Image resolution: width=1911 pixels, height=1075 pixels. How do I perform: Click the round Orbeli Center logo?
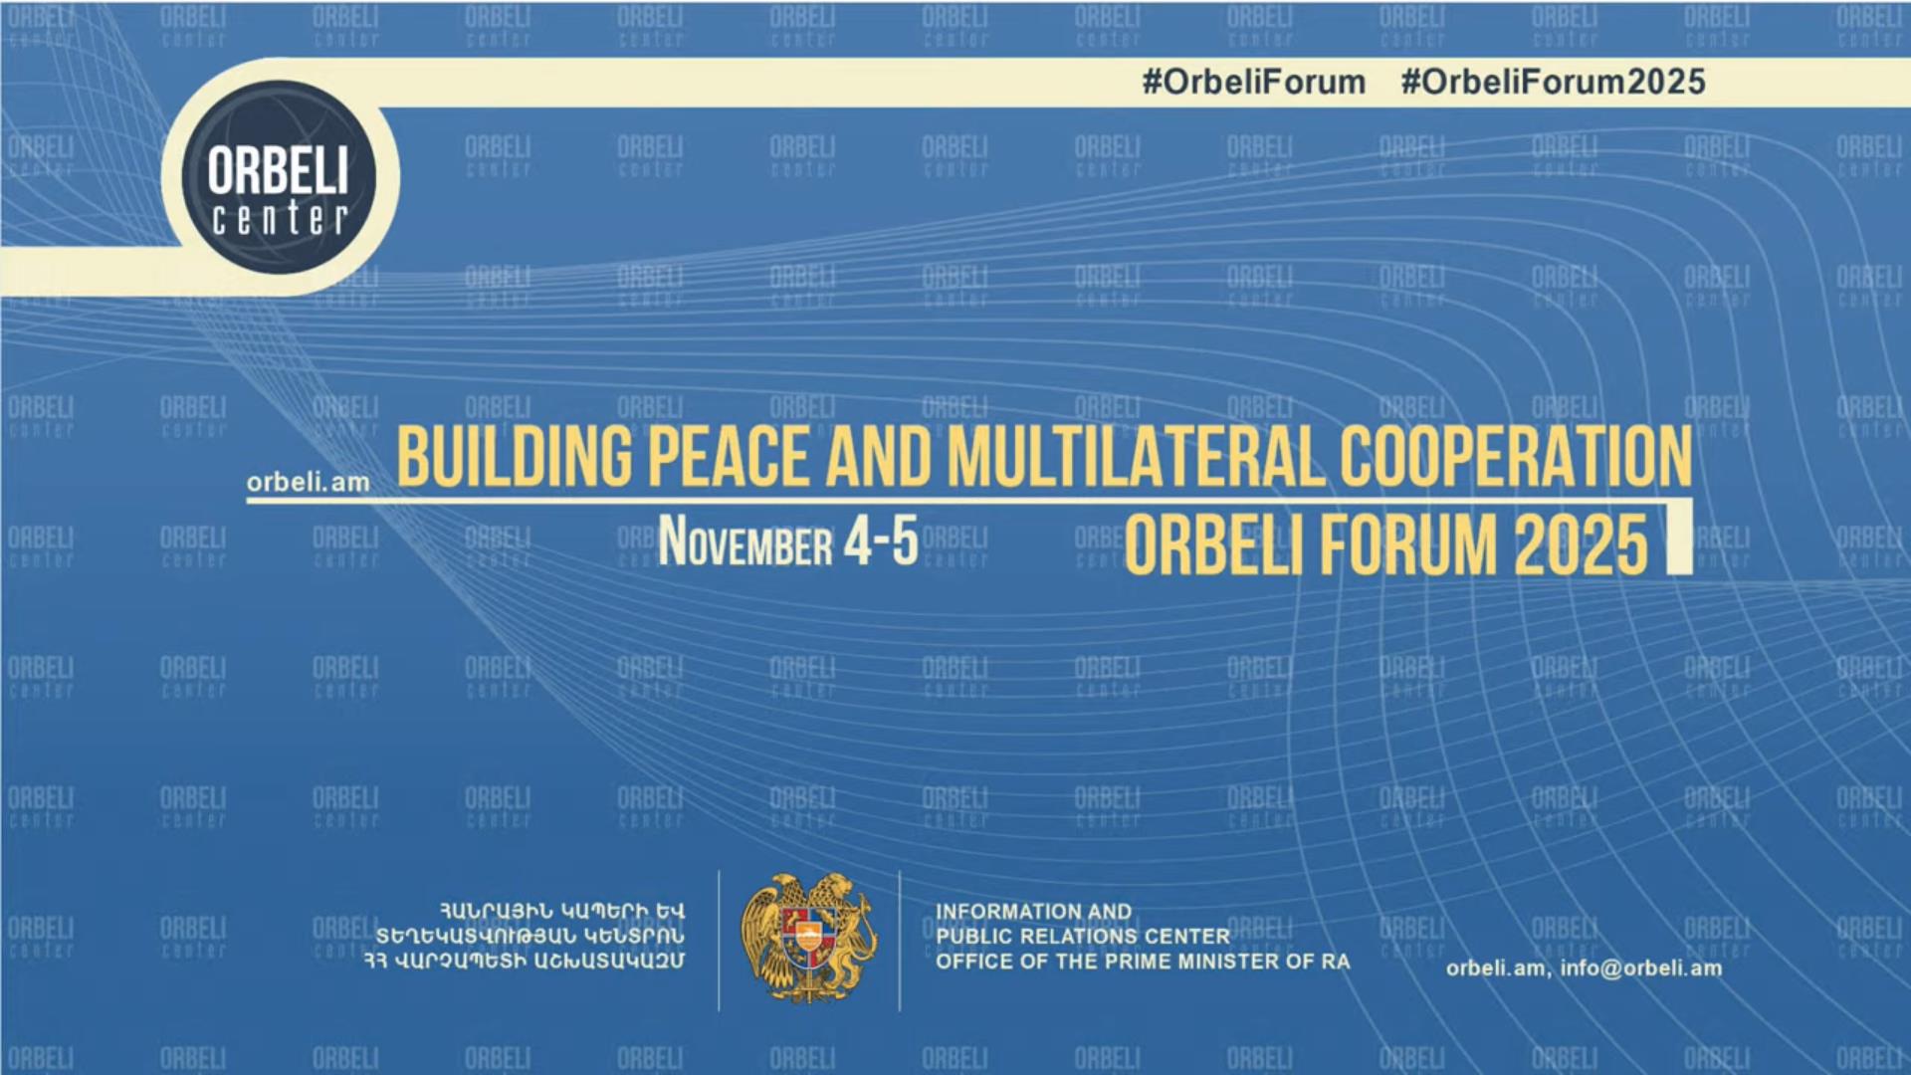tap(280, 177)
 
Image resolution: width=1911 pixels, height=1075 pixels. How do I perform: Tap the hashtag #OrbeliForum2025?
tap(1553, 82)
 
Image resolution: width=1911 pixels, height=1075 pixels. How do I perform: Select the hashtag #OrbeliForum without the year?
tap(1254, 82)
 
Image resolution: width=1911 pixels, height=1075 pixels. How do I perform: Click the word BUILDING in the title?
tap(515, 457)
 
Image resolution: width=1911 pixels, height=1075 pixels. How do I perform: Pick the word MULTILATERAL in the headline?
tap(1136, 457)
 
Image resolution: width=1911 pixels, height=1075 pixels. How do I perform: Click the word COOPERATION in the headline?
tap(1516, 457)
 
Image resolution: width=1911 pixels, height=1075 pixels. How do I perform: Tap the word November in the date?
tap(745, 542)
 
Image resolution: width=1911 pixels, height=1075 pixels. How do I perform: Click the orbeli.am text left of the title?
tap(309, 483)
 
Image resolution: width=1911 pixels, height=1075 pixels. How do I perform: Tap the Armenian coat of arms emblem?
tap(809, 939)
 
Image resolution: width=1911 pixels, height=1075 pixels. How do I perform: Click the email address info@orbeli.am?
tap(1641, 968)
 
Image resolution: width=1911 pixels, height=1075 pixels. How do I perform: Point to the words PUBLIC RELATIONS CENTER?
tap(1083, 937)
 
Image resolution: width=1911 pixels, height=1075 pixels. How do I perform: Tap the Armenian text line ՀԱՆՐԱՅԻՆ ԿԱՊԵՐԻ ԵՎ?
tap(562, 911)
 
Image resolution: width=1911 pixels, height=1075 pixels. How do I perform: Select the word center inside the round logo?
tap(280, 219)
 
